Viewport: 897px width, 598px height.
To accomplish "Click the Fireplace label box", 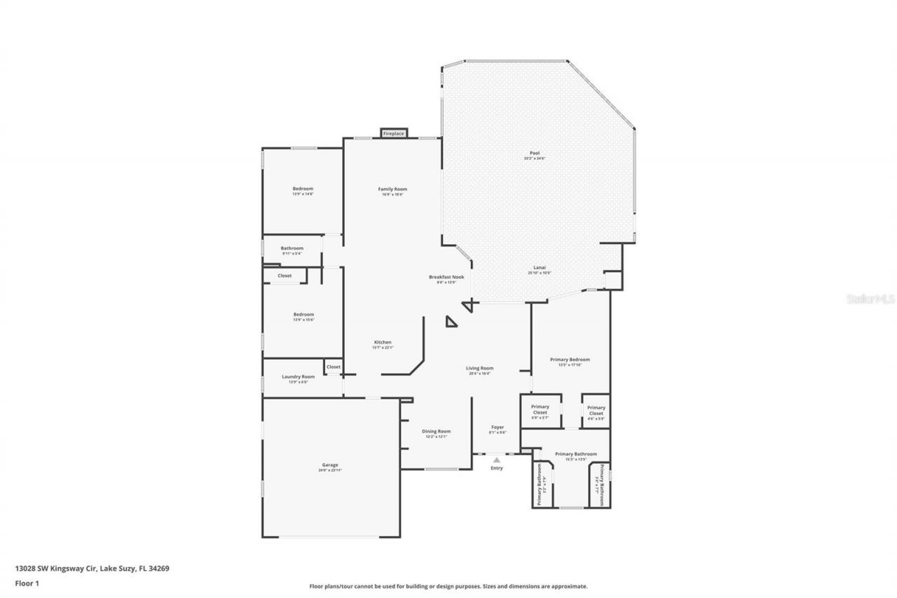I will (x=393, y=133).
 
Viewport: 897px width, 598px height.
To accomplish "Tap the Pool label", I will (x=534, y=154).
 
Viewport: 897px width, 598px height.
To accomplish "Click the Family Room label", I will (x=392, y=189).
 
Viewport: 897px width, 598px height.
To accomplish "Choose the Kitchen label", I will (x=382, y=342).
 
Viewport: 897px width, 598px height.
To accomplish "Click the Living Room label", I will (x=480, y=368).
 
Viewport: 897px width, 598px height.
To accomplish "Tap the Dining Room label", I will (x=436, y=431).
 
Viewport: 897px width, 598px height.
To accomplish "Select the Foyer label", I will (x=497, y=427).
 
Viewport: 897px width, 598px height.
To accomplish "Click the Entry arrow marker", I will (x=497, y=459).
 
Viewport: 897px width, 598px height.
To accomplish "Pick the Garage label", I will (x=330, y=465).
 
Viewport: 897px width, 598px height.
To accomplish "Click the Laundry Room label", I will (x=298, y=376).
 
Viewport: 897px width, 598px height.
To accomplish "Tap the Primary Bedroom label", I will (x=570, y=360).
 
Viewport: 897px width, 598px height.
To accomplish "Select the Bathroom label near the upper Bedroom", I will (x=292, y=248).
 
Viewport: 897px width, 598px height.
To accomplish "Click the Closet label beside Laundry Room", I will (x=333, y=367).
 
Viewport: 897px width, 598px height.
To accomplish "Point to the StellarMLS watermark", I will (x=871, y=299).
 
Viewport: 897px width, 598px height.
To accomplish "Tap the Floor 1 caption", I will (x=26, y=583).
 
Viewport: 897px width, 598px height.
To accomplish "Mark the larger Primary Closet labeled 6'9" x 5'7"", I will (x=540, y=409).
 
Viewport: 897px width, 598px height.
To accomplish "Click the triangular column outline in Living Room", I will (x=451, y=322).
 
